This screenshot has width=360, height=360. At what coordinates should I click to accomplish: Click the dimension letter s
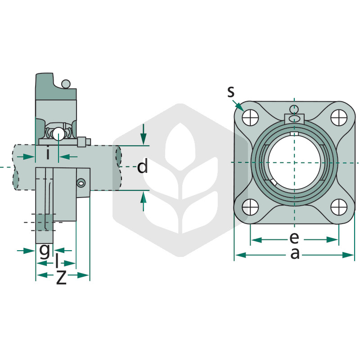pyautogui.click(x=231, y=92)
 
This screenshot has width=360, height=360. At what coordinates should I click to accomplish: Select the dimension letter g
pyautogui.click(x=44, y=251)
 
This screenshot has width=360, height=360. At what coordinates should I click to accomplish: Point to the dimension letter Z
pyautogui.click(x=61, y=277)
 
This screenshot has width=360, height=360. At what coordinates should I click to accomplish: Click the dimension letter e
pyautogui.click(x=294, y=238)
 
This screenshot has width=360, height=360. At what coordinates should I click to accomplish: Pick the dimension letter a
pyautogui.click(x=295, y=254)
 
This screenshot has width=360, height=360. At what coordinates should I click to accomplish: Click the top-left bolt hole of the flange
pyautogui.click(x=250, y=117)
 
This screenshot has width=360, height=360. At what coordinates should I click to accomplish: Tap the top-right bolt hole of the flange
pyautogui.click(x=339, y=117)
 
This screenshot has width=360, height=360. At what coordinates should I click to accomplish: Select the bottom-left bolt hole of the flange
pyautogui.click(x=250, y=207)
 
